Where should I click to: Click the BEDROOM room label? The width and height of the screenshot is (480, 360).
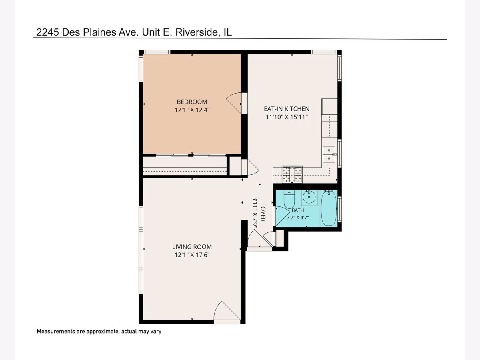coord(192,102)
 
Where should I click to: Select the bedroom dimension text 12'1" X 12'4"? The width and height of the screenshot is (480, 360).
coord(192,110)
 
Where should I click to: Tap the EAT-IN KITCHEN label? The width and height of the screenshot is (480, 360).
coord(286,109)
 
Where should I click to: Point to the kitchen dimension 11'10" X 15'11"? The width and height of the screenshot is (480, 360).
coord(286,117)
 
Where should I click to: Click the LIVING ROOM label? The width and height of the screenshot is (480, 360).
coord(192,247)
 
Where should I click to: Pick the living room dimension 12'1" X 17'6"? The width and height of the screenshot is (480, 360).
coord(192,255)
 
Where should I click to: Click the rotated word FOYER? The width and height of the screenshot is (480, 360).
coord(263,212)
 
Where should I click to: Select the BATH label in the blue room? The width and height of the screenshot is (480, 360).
coord(298,210)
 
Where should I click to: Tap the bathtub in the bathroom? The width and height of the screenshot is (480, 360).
coord(328,208)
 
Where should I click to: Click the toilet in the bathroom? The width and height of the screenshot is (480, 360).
coord(289,199)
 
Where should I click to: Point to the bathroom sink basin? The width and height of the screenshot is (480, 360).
coord(309,197)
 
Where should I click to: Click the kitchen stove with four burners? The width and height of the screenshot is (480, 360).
coord(292,174)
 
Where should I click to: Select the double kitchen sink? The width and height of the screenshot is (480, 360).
coord(329,154)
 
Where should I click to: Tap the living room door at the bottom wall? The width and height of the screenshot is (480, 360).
coord(227,312)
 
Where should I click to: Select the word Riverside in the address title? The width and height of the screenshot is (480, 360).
coord(196,32)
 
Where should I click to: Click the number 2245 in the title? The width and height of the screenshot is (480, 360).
coord(48,32)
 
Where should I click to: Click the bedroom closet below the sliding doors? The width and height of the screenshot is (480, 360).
coord(184,166)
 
